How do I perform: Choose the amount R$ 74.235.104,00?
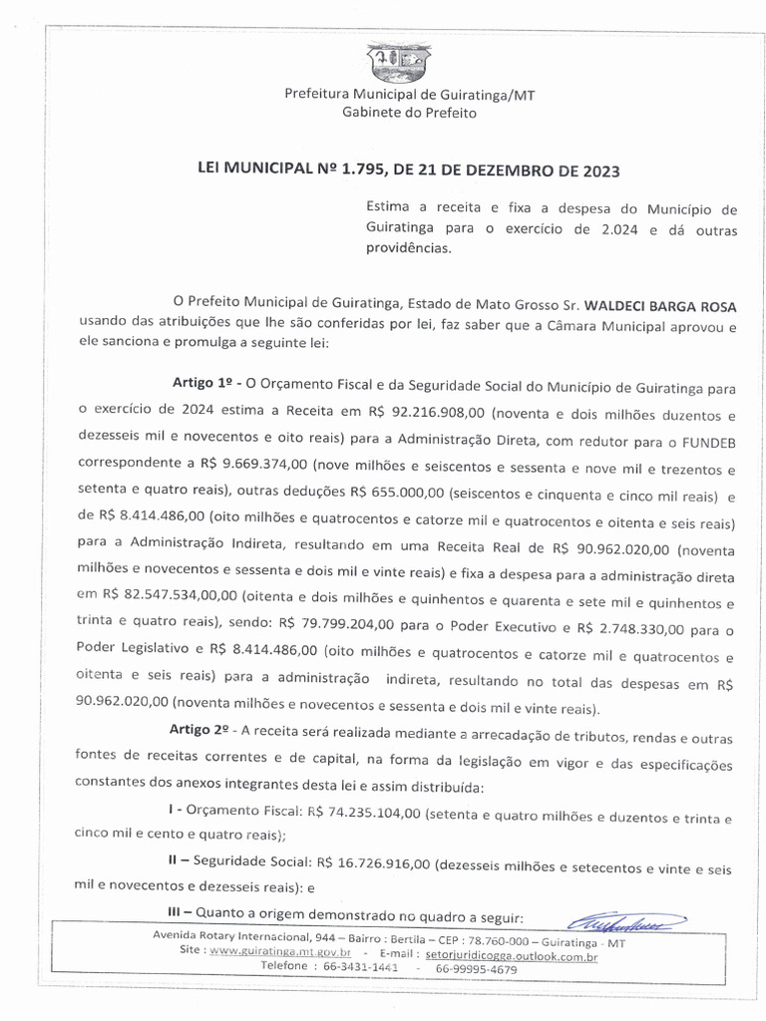coord(364,815)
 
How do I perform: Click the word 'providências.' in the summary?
coord(408,248)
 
